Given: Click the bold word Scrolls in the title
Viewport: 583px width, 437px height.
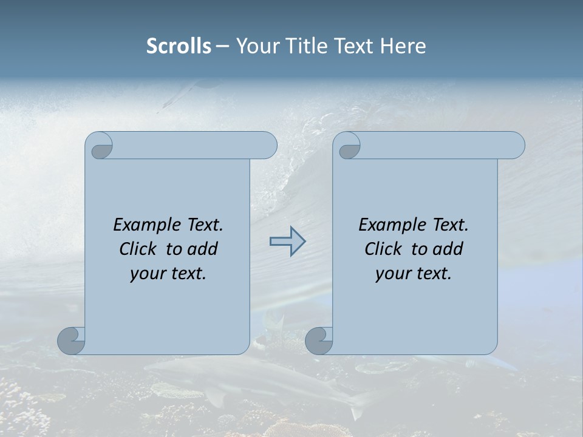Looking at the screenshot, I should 179,46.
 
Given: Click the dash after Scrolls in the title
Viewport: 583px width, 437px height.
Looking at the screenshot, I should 222,47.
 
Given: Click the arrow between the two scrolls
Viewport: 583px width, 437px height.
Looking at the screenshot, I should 287,242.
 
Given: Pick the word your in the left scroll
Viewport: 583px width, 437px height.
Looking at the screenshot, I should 145,274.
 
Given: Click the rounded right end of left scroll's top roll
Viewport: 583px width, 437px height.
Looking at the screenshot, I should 268,145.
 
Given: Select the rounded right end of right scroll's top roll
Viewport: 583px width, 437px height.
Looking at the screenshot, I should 516,145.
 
